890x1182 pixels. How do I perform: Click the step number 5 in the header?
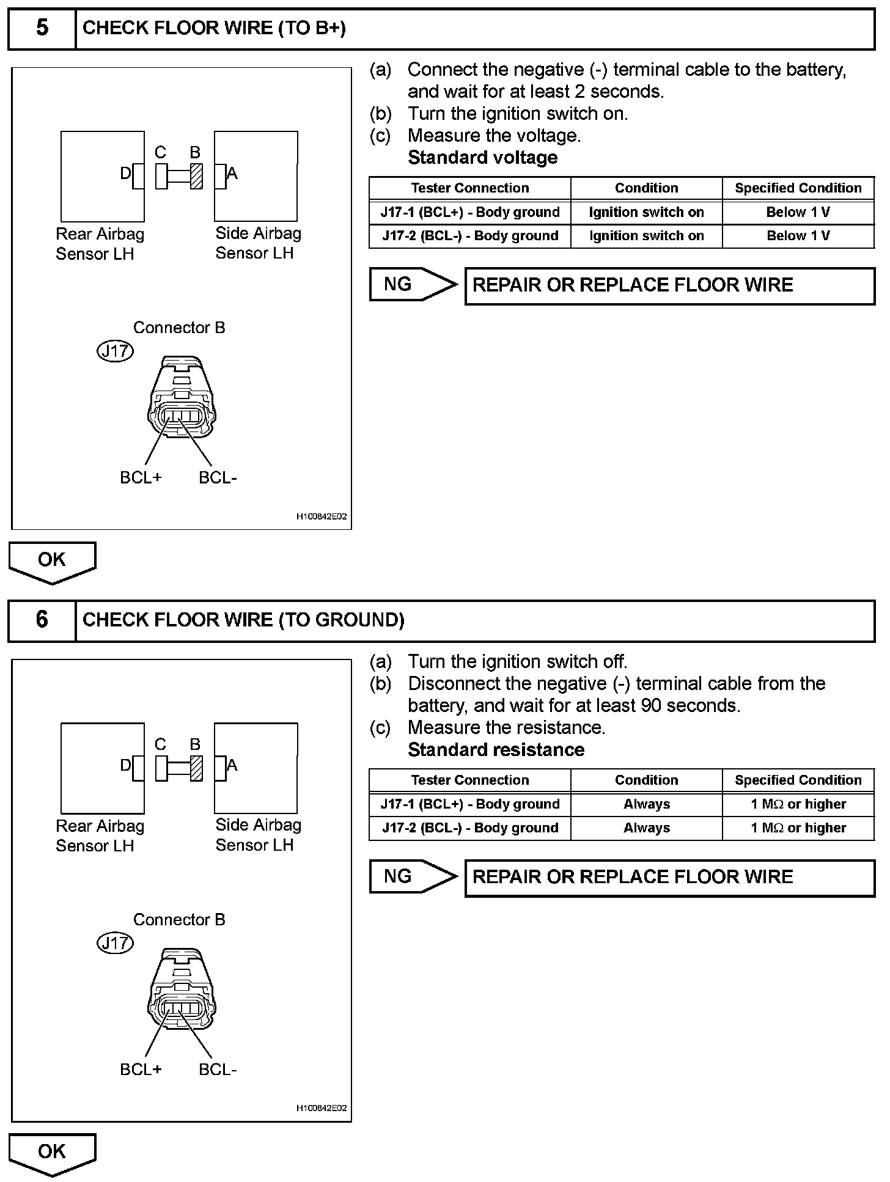coord(42,28)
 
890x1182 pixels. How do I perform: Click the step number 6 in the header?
coord(42,620)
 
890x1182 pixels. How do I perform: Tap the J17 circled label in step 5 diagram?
coord(115,351)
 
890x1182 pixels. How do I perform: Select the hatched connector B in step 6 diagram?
coord(196,768)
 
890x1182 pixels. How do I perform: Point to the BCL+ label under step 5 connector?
coord(141,477)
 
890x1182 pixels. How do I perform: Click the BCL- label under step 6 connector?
coord(218,1070)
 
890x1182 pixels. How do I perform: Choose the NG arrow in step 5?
coord(413,284)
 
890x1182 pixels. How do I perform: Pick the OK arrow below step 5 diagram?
coord(52,561)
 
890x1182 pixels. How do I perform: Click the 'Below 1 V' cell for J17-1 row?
coord(798,212)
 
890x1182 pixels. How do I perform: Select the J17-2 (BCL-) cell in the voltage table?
coord(469,236)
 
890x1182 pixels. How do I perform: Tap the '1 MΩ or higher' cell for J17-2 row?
coord(798,828)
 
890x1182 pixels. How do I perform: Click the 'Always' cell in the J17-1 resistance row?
coord(646,804)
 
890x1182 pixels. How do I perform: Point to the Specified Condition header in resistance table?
coord(798,780)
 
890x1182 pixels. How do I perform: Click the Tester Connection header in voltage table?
coord(469,188)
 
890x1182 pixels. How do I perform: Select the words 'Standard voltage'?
coord(482,158)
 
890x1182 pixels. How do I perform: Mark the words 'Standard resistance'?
coord(496,750)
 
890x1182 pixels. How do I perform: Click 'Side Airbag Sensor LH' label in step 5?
coord(258,243)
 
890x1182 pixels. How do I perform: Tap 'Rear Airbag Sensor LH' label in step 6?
coord(100,835)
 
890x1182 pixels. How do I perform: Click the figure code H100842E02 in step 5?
coord(322,516)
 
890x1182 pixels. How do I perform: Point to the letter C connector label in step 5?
coord(160,152)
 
